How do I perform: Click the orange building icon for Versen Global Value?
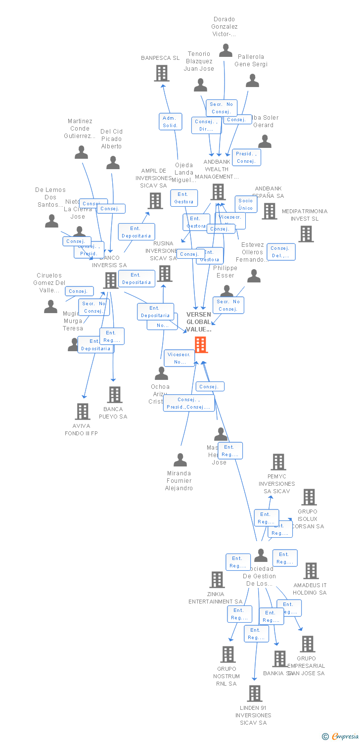(200, 344)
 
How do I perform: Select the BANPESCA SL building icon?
(162, 73)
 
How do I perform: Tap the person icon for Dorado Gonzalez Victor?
(225, 50)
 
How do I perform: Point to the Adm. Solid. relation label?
(170, 122)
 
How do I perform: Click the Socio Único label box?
(246, 204)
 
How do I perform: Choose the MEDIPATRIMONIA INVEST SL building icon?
(306, 233)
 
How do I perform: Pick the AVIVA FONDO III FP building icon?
(82, 411)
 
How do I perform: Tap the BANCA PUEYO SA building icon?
(115, 394)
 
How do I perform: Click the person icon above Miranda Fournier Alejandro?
(180, 460)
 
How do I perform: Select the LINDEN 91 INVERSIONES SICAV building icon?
(254, 694)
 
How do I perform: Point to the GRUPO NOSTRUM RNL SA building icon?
(227, 654)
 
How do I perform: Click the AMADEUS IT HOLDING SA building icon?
(311, 570)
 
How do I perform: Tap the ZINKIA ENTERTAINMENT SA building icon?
(217, 579)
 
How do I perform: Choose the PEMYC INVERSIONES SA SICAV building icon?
(278, 462)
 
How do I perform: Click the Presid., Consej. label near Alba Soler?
(246, 157)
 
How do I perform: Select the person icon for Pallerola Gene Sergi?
(253, 80)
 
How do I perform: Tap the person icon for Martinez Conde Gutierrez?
(81, 152)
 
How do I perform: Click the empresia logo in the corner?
(341, 737)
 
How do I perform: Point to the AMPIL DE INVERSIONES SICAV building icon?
(155, 200)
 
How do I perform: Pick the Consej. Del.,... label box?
(280, 252)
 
